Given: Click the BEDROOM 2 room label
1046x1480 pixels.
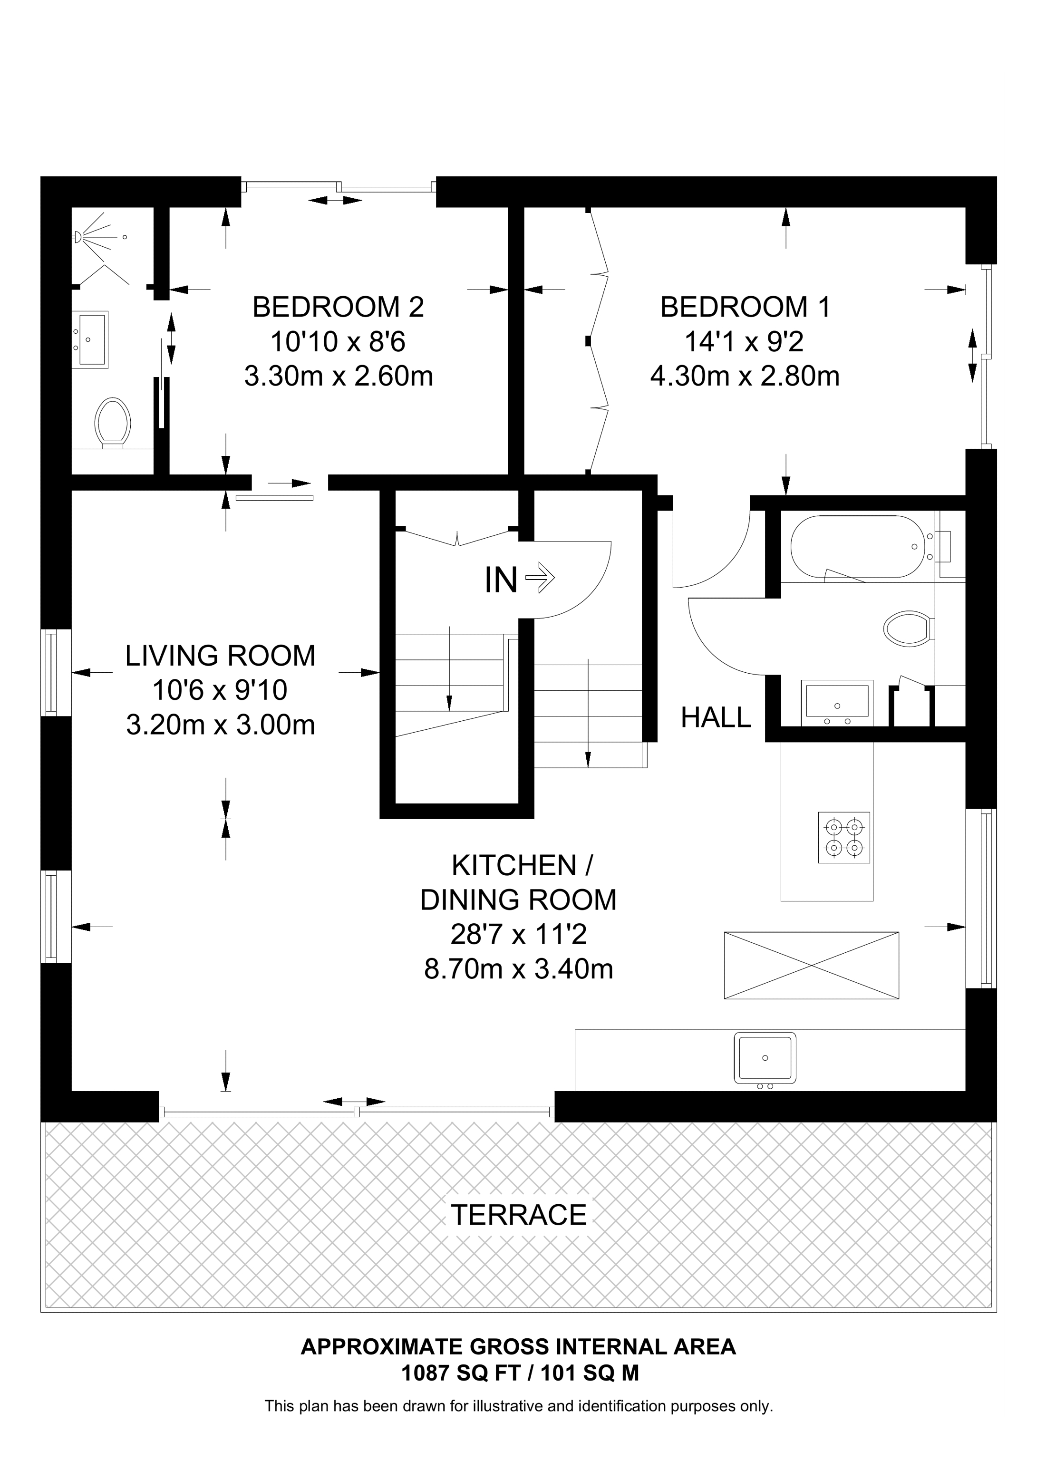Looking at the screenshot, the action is coord(339,308).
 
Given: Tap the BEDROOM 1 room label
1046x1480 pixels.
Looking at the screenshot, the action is coord(746,308).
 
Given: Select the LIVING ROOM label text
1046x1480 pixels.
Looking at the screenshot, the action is coord(221,656).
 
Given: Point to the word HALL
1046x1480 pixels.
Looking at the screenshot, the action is coord(716,717).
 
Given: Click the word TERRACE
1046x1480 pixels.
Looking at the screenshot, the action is coord(519,1215).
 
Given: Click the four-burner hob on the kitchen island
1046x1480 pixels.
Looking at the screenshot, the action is coord(844,837).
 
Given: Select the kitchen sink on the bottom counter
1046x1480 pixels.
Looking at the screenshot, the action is coord(765,1058).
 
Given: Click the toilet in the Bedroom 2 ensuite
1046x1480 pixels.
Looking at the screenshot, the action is coord(113,423).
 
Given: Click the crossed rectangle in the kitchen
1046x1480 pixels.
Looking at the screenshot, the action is coord(812,965).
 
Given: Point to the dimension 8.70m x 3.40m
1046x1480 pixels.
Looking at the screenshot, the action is coord(519,969).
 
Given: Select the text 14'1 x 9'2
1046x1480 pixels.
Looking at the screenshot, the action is coord(745,342).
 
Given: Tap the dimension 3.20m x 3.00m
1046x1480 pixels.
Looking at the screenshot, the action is coord(221,725).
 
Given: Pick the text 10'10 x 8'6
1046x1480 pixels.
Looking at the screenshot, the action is coord(338,342).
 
